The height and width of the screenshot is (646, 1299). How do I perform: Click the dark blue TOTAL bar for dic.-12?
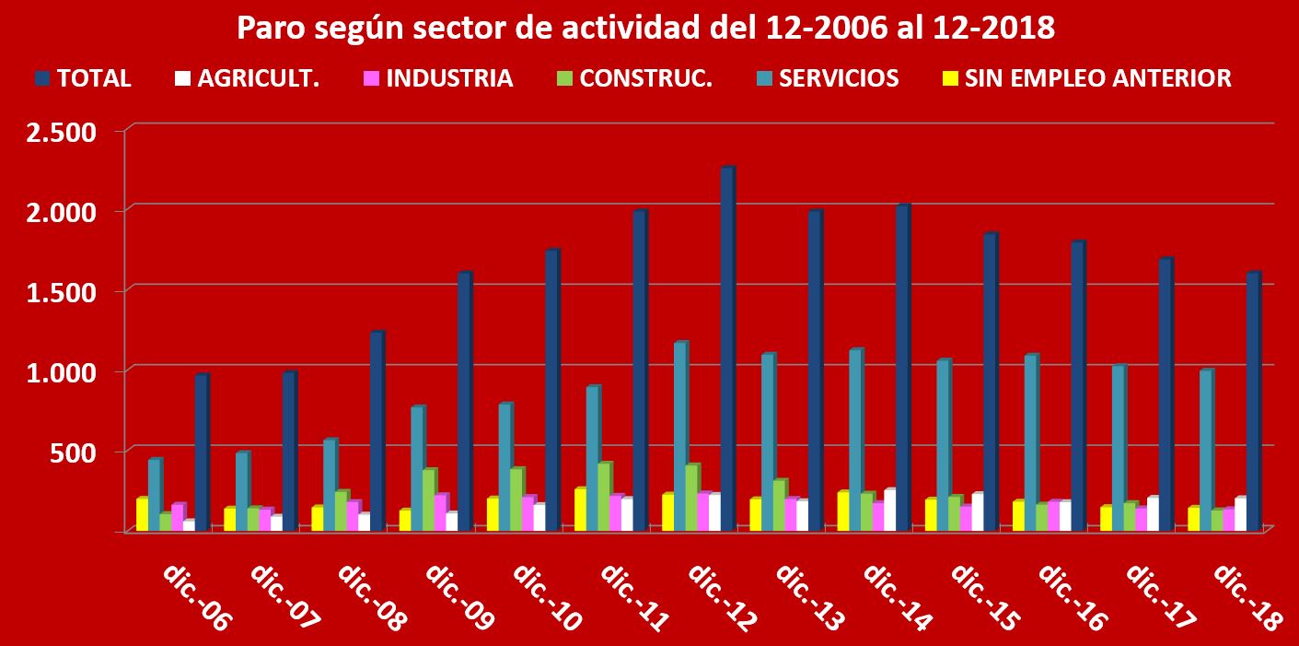click(726, 350)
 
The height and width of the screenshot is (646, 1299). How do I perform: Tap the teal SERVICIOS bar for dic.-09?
click(417, 469)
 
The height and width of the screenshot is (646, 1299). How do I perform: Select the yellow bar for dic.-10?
click(493, 514)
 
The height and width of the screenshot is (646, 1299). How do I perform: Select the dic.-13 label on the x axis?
click(809, 596)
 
